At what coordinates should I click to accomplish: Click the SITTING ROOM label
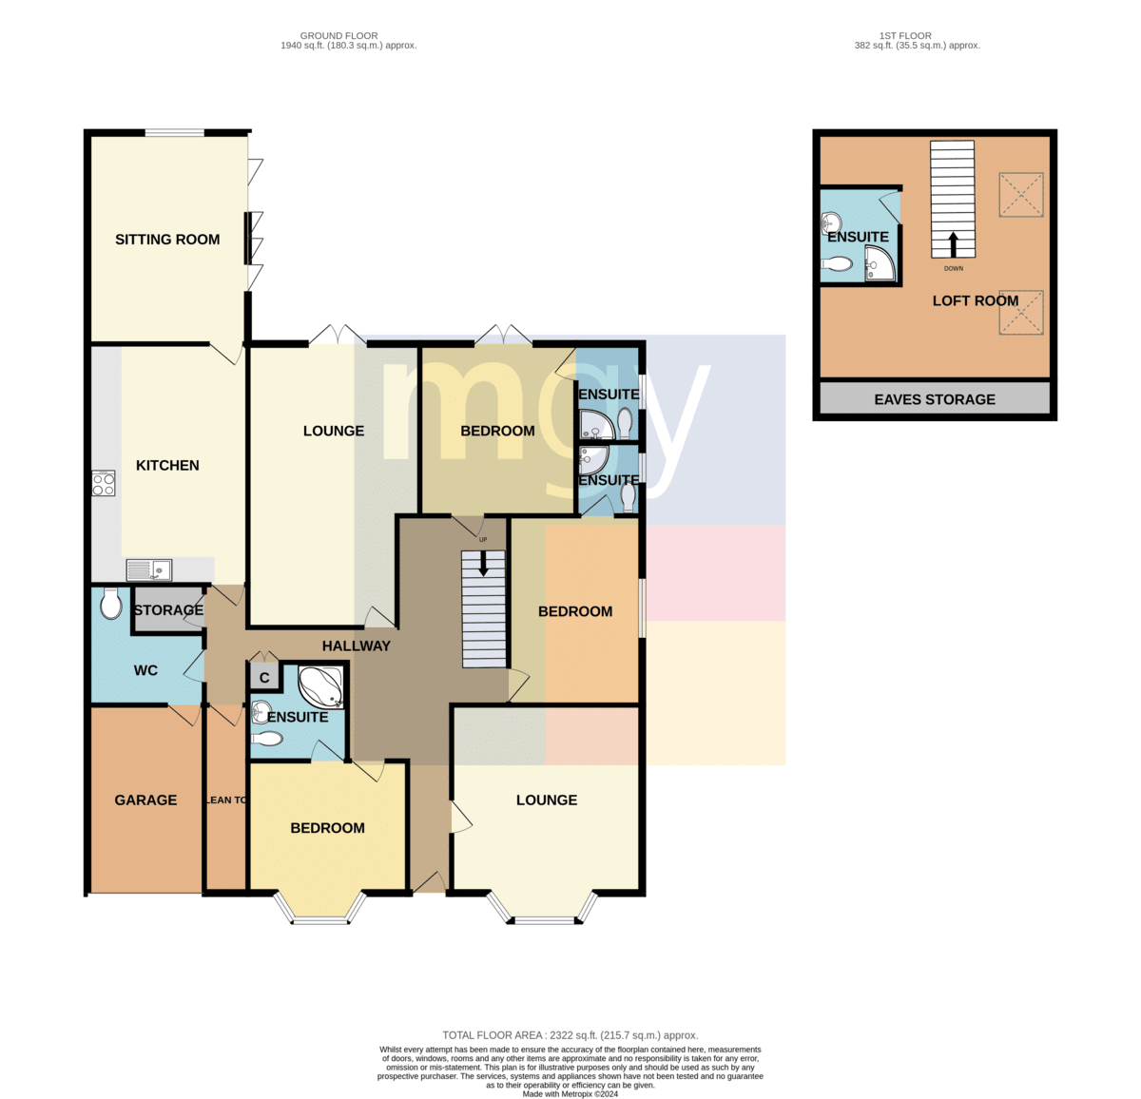[x=167, y=240]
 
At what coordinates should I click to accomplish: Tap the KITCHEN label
[x=167, y=466]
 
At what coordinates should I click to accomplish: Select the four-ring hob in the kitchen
[x=104, y=483]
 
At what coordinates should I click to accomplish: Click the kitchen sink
[x=149, y=569]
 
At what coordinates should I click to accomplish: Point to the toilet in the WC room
[x=110, y=603]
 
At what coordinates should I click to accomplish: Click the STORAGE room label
[x=169, y=610]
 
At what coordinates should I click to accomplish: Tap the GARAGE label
[x=145, y=800]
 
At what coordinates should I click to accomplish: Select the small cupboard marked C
[x=264, y=678]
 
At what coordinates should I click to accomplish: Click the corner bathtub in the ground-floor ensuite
[x=320, y=685]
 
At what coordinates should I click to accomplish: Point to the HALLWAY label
[x=357, y=646]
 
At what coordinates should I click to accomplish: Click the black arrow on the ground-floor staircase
[x=483, y=563]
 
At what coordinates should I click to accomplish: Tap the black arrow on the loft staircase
[x=953, y=245]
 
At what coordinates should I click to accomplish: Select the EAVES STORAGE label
[x=935, y=399]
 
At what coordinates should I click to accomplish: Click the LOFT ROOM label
[x=976, y=300]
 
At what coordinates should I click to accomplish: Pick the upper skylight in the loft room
[x=1021, y=195]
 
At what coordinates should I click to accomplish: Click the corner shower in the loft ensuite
[x=879, y=263]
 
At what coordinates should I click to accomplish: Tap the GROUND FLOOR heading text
[x=338, y=36]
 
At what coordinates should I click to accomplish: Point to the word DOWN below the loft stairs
[x=954, y=268]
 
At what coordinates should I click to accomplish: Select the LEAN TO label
[x=225, y=800]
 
